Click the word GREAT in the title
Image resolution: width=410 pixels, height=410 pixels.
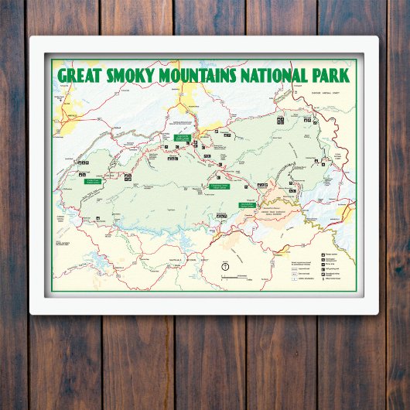pos(84,75)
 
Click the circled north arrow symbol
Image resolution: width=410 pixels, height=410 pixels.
pos(224,267)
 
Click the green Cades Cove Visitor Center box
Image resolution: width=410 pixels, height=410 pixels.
pos(90,181)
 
